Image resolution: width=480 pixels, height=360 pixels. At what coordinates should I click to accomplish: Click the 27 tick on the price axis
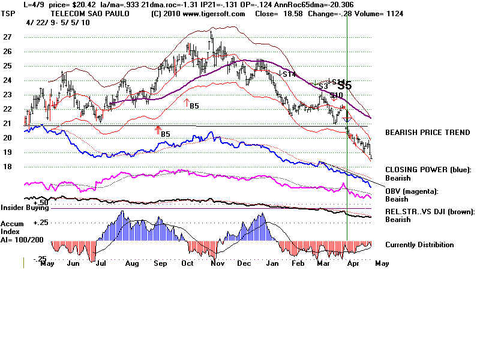click(x=8, y=37)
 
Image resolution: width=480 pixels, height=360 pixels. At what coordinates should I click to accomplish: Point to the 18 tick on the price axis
click(x=8, y=167)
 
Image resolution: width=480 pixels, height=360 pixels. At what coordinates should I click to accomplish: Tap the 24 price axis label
click(x=8, y=80)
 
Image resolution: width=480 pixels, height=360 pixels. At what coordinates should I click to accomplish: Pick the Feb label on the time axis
click(x=298, y=263)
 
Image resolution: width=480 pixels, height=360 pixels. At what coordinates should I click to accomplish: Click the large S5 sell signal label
click(x=344, y=86)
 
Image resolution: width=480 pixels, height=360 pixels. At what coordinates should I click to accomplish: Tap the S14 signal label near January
click(x=289, y=74)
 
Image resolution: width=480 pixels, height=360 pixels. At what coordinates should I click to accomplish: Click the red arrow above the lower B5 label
click(x=158, y=128)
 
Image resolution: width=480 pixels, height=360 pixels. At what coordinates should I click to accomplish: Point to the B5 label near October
click(x=194, y=106)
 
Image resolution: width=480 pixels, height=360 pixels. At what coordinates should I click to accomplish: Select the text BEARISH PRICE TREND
click(x=427, y=133)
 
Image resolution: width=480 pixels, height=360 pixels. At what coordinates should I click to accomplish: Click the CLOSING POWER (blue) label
click(x=428, y=170)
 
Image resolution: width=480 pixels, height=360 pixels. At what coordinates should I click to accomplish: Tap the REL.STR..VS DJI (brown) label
click(x=430, y=211)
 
